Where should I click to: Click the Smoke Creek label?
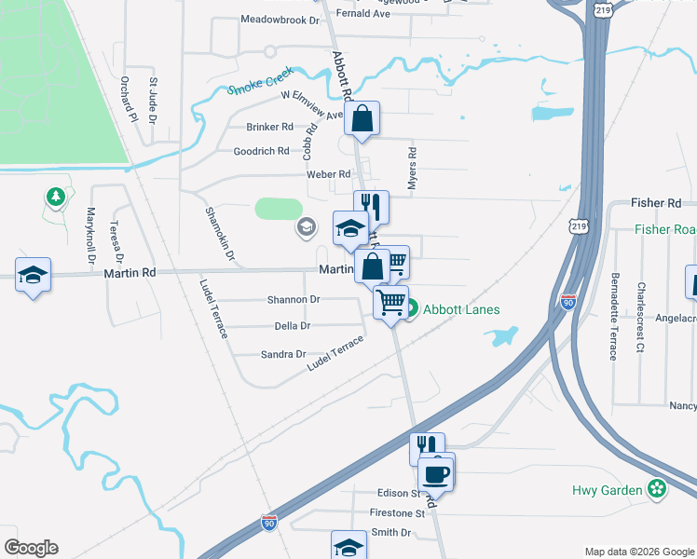[262, 82]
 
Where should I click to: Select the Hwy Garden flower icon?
[658, 488]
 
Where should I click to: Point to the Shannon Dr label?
[294, 300]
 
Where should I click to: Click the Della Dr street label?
[293, 326]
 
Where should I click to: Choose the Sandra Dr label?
[283, 354]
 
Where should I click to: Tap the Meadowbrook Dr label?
[280, 19]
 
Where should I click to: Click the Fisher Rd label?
[656, 202]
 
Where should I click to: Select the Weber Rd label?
[328, 174]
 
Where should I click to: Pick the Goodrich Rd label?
[261, 151]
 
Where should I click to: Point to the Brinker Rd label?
[269, 127]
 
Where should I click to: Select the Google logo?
[31, 548]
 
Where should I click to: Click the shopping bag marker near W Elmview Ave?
[362, 119]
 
